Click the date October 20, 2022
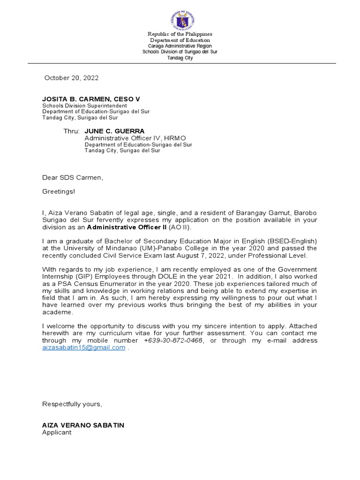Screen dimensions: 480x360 71,78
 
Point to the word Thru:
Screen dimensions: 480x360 72,131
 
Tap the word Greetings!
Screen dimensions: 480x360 58,192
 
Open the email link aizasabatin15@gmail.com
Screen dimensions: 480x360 84,347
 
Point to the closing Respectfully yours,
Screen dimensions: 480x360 72,404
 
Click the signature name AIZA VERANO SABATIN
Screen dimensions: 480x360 83,425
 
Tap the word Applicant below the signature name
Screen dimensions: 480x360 57,432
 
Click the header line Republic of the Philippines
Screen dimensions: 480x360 180,34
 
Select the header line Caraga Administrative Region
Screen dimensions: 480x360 180,46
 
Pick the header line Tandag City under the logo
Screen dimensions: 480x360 180,58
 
